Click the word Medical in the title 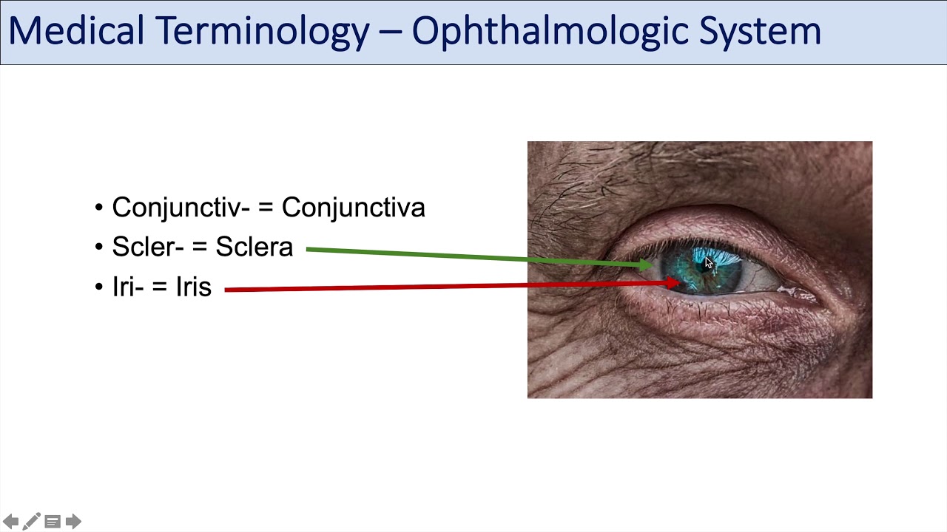76,31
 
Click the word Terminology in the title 262,31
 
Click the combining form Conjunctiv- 181,208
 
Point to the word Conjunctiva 354,208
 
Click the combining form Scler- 148,248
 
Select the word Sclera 255,248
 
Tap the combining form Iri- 128,287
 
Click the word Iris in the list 194,287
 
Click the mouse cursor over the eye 708,264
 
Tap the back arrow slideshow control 10,522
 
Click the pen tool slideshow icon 31,522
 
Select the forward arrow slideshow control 73,522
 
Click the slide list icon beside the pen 53,522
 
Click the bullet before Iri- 99,287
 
